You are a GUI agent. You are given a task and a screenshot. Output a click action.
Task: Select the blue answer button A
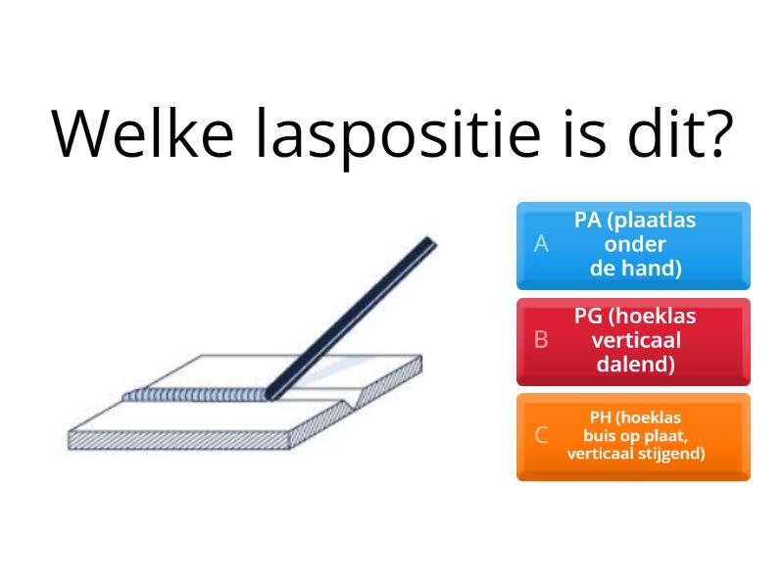(x=633, y=245)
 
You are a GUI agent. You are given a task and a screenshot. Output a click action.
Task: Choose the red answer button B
(x=633, y=341)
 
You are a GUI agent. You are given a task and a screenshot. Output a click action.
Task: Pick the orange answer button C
(x=633, y=436)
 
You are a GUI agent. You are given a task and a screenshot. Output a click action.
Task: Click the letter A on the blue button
(x=540, y=245)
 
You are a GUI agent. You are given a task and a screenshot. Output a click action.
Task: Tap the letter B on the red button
(x=540, y=341)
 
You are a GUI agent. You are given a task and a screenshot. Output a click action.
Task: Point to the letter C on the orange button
(x=540, y=436)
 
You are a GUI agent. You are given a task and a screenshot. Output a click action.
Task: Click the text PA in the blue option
(x=588, y=220)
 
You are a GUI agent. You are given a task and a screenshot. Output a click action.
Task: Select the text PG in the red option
(x=589, y=316)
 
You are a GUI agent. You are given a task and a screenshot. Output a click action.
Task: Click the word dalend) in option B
(x=636, y=366)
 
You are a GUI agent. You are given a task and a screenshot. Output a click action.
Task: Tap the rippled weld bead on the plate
(x=196, y=396)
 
